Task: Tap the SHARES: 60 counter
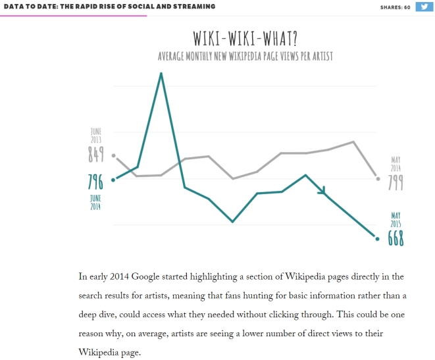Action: point(396,7)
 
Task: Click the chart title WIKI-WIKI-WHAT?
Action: point(245,36)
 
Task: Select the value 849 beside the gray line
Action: point(96,155)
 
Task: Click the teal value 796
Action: point(96,182)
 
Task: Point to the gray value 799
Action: point(396,182)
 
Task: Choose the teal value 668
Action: point(396,238)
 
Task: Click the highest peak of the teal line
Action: point(161,74)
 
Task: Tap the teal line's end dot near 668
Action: point(377,238)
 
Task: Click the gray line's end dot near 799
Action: point(377,178)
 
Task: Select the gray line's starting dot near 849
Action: point(114,156)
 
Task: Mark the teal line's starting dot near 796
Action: point(114,180)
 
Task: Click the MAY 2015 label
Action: point(396,220)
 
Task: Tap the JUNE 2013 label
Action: point(96,135)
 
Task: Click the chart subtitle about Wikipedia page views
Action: point(245,56)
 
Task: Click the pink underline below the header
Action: point(73,16)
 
